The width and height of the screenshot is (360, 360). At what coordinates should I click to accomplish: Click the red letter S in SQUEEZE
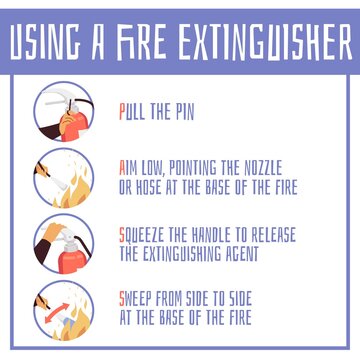click(122, 236)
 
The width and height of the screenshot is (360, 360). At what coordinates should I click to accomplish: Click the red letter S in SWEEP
click(122, 299)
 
